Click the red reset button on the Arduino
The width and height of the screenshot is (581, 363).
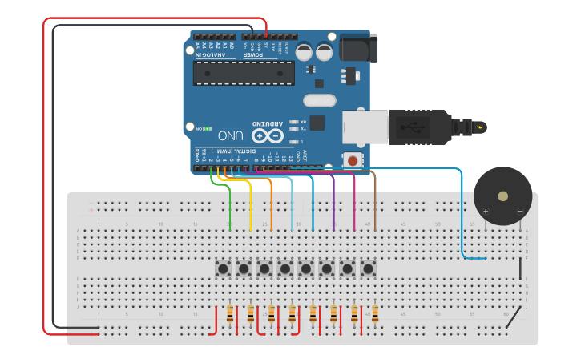point(352,161)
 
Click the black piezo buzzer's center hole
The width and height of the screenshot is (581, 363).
point(502,196)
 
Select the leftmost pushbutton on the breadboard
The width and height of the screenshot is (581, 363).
point(223,268)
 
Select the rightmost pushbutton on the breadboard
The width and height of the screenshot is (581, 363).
point(368,268)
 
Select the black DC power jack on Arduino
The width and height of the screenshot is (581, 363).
point(357,48)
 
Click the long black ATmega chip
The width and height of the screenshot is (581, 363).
point(244,73)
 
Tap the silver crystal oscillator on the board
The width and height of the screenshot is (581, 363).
point(319,101)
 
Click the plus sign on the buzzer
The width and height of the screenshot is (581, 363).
point(486,211)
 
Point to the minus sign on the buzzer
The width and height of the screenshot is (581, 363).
point(519,211)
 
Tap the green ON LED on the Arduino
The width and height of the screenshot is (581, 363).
point(207,128)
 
